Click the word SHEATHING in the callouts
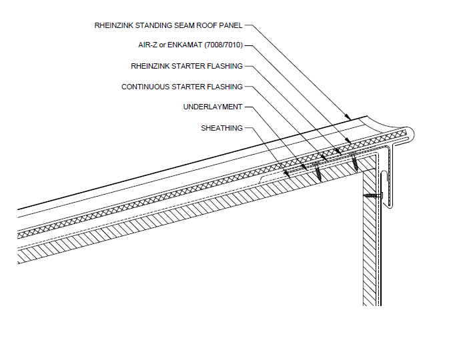[x=221, y=128]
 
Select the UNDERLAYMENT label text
[x=213, y=107]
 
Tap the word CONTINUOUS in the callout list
[x=145, y=87]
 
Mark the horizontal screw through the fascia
[x=372, y=196]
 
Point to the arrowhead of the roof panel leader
[x=349, y=118]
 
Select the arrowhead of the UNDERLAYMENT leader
[x=306, y=166]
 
